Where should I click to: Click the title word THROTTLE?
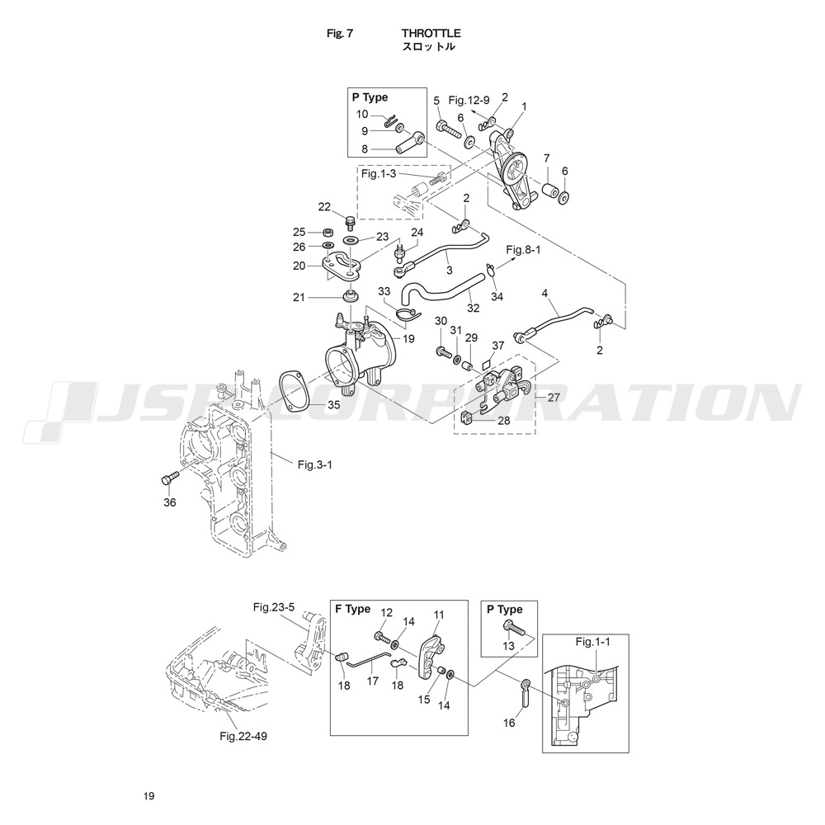pos(431,34)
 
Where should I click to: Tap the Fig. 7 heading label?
pos(340,34)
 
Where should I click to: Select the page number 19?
pos(148,796)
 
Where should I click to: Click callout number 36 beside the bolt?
pos(170,502)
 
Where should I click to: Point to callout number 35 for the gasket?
pos(333,404)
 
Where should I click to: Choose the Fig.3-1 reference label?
pos(314,464)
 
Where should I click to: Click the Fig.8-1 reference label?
pos(522,249)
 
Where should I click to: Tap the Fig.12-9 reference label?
pos(469,101)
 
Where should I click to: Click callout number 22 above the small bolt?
pos(324,206)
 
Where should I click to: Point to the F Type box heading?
pos(352,610)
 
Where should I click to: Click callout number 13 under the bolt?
pos(508,646)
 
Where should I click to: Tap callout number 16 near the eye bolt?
pos(508,723)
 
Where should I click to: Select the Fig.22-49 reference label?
pos(243,735)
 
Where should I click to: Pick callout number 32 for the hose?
pos(473,308)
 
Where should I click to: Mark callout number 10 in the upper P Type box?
pos(363,114)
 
